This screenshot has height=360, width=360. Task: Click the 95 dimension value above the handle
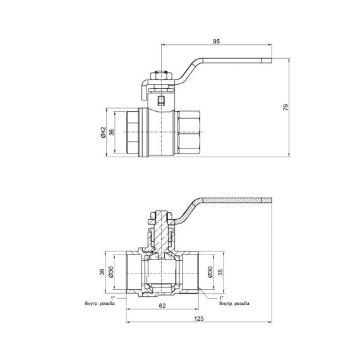tap(215, 42)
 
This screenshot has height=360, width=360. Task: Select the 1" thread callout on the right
tap(222, 297)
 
